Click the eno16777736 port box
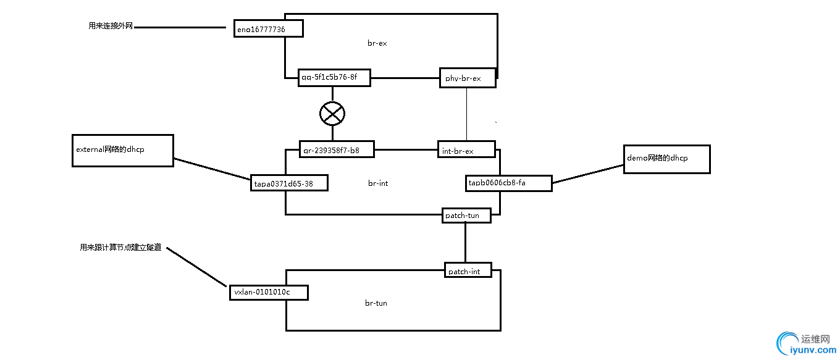(269, 28)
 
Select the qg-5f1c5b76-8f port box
(334, 77)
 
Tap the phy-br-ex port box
(468, 78)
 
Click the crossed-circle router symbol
(332, 113)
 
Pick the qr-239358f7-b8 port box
(336, 149)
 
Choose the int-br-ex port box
(466, 149)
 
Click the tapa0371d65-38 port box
(289, 183)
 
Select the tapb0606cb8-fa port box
(508, 183)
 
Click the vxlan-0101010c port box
(268, 292)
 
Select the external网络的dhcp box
(122, 150)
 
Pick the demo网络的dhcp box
(666, 159)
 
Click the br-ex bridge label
(377, 43)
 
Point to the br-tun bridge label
(376, 303)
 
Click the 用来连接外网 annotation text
(111, 27)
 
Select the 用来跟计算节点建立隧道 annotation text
(120, 248)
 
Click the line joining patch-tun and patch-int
(466, 243)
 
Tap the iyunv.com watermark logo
(805, 343)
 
